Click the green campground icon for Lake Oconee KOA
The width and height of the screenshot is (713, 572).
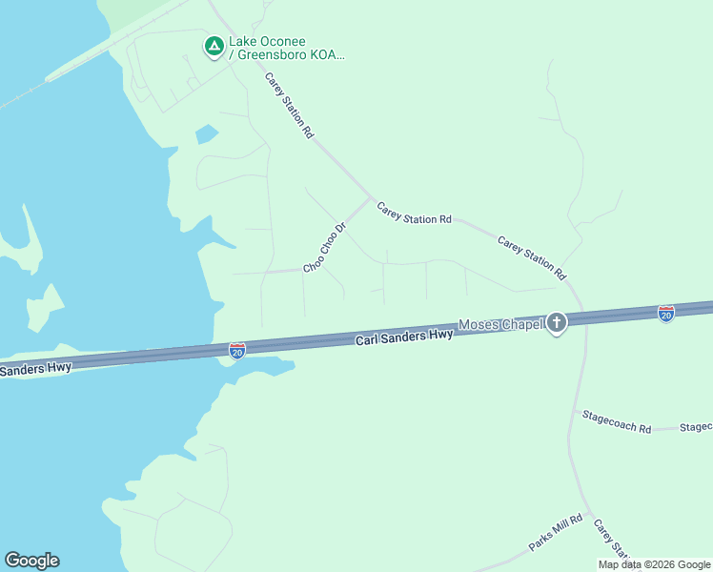tap(214, 45)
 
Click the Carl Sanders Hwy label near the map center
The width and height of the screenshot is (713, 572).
tap(404, 337)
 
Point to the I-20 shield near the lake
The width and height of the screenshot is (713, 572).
tap(237, 351)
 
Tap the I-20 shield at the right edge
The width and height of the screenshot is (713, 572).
tap(666, 313)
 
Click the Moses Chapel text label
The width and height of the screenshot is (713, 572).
tap(500, 324)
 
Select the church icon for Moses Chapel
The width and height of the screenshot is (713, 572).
tap(557, 323)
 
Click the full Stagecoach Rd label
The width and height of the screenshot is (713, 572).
tap(617, 423)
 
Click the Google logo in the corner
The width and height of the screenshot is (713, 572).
tap(31, 561)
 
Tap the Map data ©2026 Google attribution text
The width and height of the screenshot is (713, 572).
tap(654, 564)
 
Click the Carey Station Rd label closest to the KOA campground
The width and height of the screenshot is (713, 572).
tap(290, 106)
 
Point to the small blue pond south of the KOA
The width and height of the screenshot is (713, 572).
tap(206, 134)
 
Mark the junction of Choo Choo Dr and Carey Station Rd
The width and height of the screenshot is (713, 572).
tap(370, 198)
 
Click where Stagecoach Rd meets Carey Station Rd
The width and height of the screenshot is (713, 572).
tap(576, 411)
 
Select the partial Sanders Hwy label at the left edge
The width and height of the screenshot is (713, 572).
tap(35, 368)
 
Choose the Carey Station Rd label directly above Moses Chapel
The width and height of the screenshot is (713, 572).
tap(532, 256)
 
